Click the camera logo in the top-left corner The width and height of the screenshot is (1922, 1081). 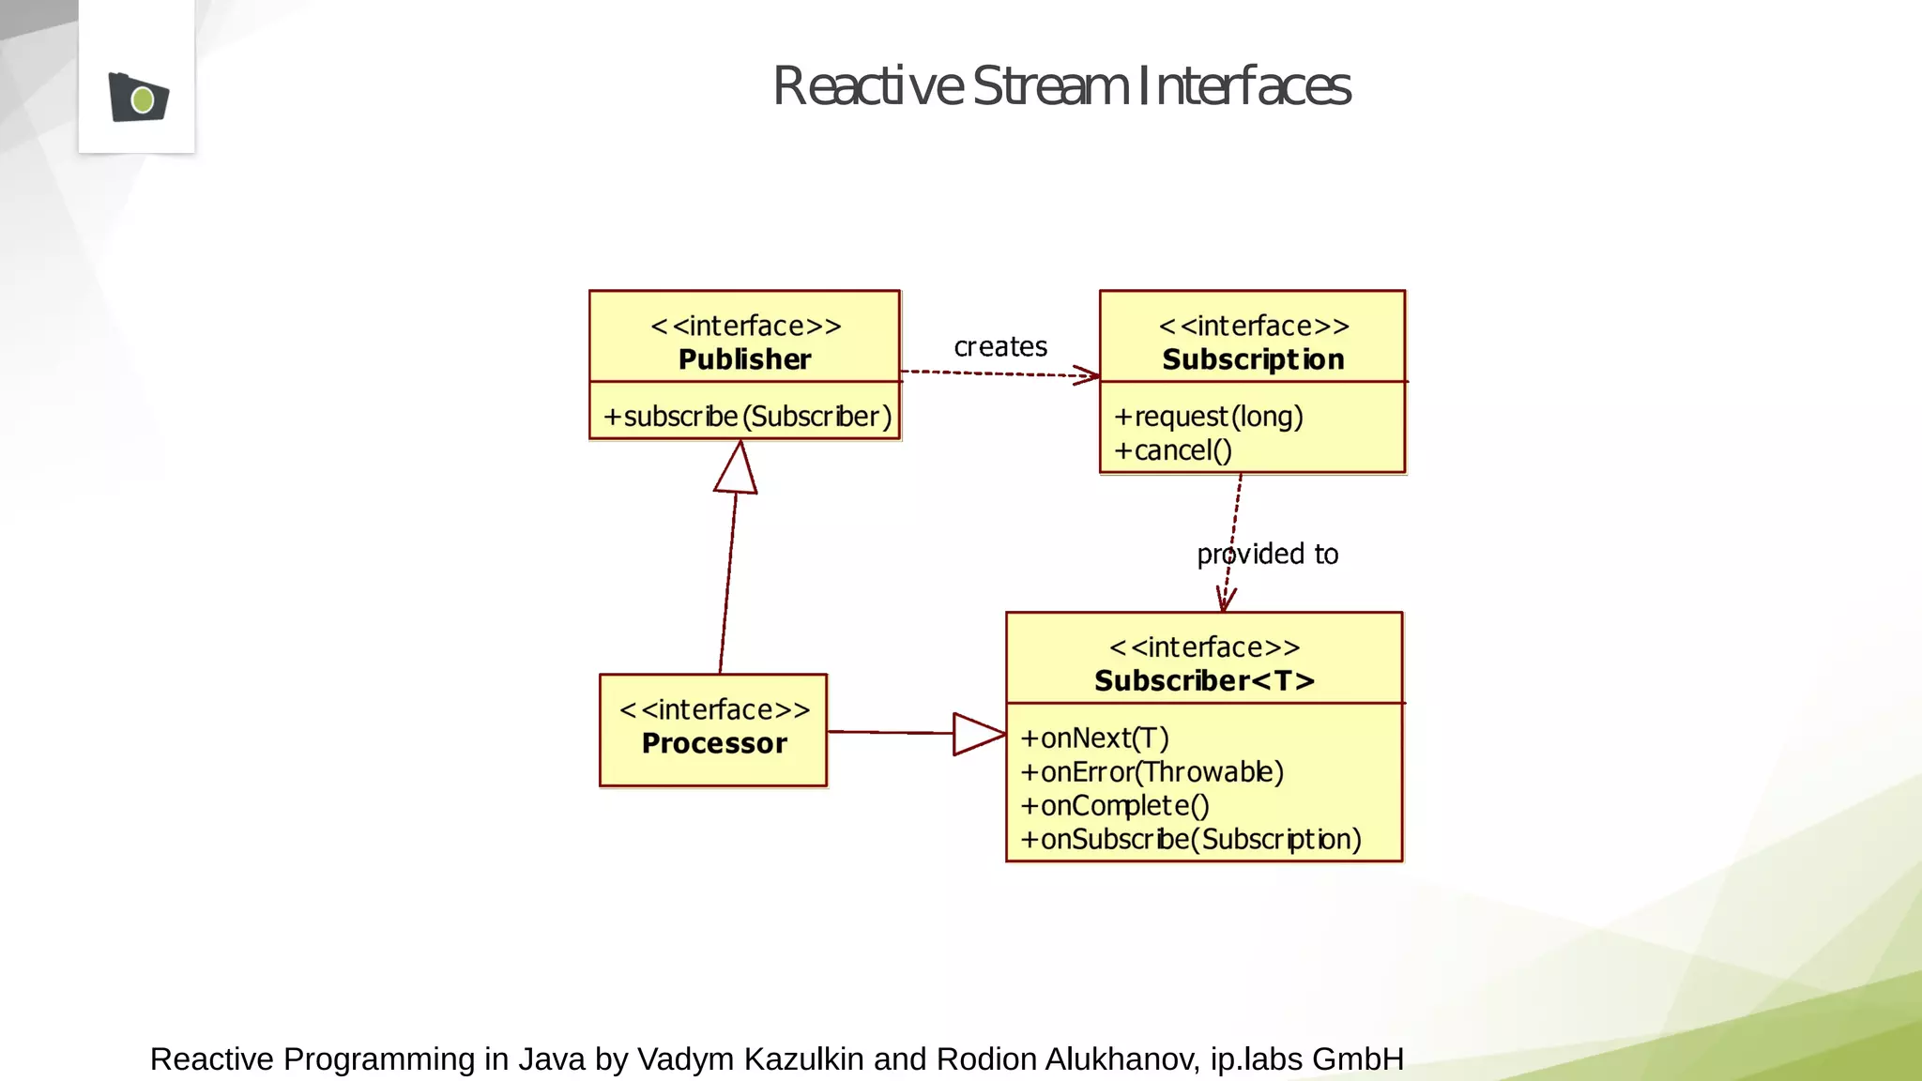138,97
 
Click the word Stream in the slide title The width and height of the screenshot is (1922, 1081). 1050,86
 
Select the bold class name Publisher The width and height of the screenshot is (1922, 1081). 744,359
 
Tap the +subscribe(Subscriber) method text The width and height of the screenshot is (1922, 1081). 747,416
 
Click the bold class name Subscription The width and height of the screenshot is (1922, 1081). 1253,359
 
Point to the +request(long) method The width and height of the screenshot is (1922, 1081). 1208,416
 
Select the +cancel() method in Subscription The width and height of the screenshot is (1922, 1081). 1172,450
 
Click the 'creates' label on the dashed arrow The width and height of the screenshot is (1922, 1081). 1000,346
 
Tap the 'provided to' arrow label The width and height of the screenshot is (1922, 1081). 1267,554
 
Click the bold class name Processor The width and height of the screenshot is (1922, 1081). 714,743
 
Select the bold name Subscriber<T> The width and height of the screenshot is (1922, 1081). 1204,680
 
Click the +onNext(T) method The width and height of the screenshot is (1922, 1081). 1094,738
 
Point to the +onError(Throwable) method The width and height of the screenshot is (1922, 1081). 1152,771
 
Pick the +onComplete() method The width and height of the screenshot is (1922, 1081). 1115,805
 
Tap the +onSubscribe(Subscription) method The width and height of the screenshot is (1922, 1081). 1190,839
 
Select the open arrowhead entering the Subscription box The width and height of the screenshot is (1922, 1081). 1088,375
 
